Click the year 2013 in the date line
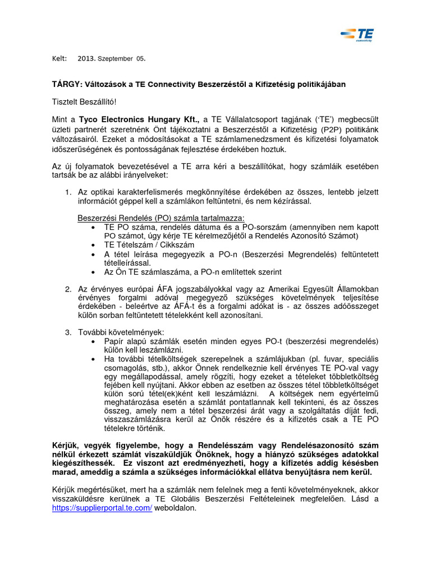click(x=86, y=58)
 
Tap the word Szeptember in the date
click(x=115, y=58)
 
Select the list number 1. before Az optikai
click(x=68, y=192)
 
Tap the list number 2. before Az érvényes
click(x=68, y=289)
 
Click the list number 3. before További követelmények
click(x=68, y=332)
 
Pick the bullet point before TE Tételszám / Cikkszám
click(x=92, y=246)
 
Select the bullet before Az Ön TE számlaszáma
click(x=92, y=272)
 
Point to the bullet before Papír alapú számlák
click(x=92, y=341)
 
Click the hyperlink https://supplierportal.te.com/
click(x=102, y=507)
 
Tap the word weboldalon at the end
click(x=176, y=507)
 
